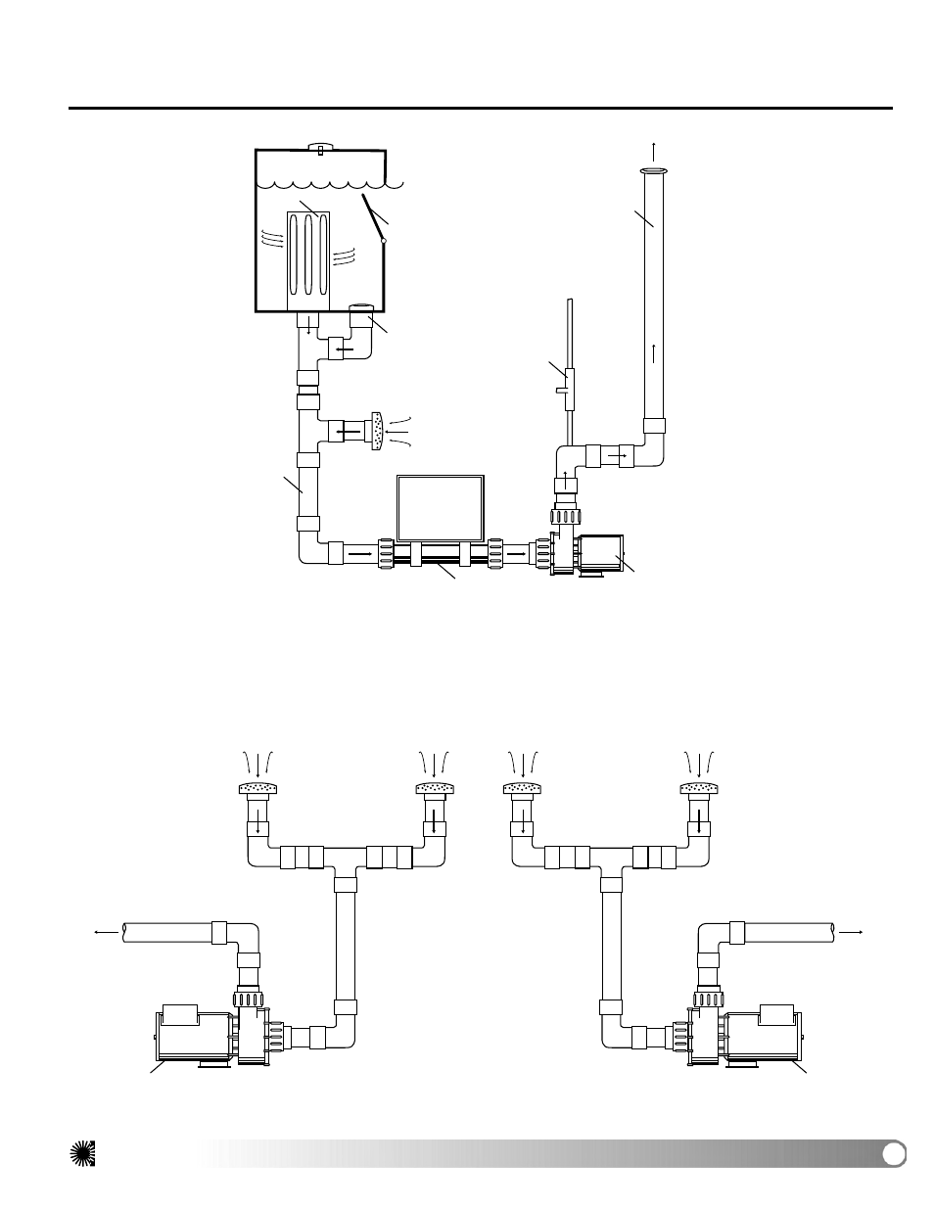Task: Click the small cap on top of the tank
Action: (x=321, y=148)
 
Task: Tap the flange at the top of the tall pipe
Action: (x=654, y=172)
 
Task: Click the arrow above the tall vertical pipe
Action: (x=654, y=150)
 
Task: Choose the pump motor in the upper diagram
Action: (x=600, y=554)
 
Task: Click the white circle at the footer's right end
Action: (x=892, y=1154)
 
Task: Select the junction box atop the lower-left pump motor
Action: (x=180, y=1015)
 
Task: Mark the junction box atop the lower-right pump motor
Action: (x=776, y=1015)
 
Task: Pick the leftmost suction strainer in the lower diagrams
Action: (x=258, y=788)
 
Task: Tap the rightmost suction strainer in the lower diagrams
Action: (x=699, y=788)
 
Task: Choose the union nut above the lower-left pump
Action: (x=249, y=1000)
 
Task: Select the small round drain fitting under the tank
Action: (x=362, y=310)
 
